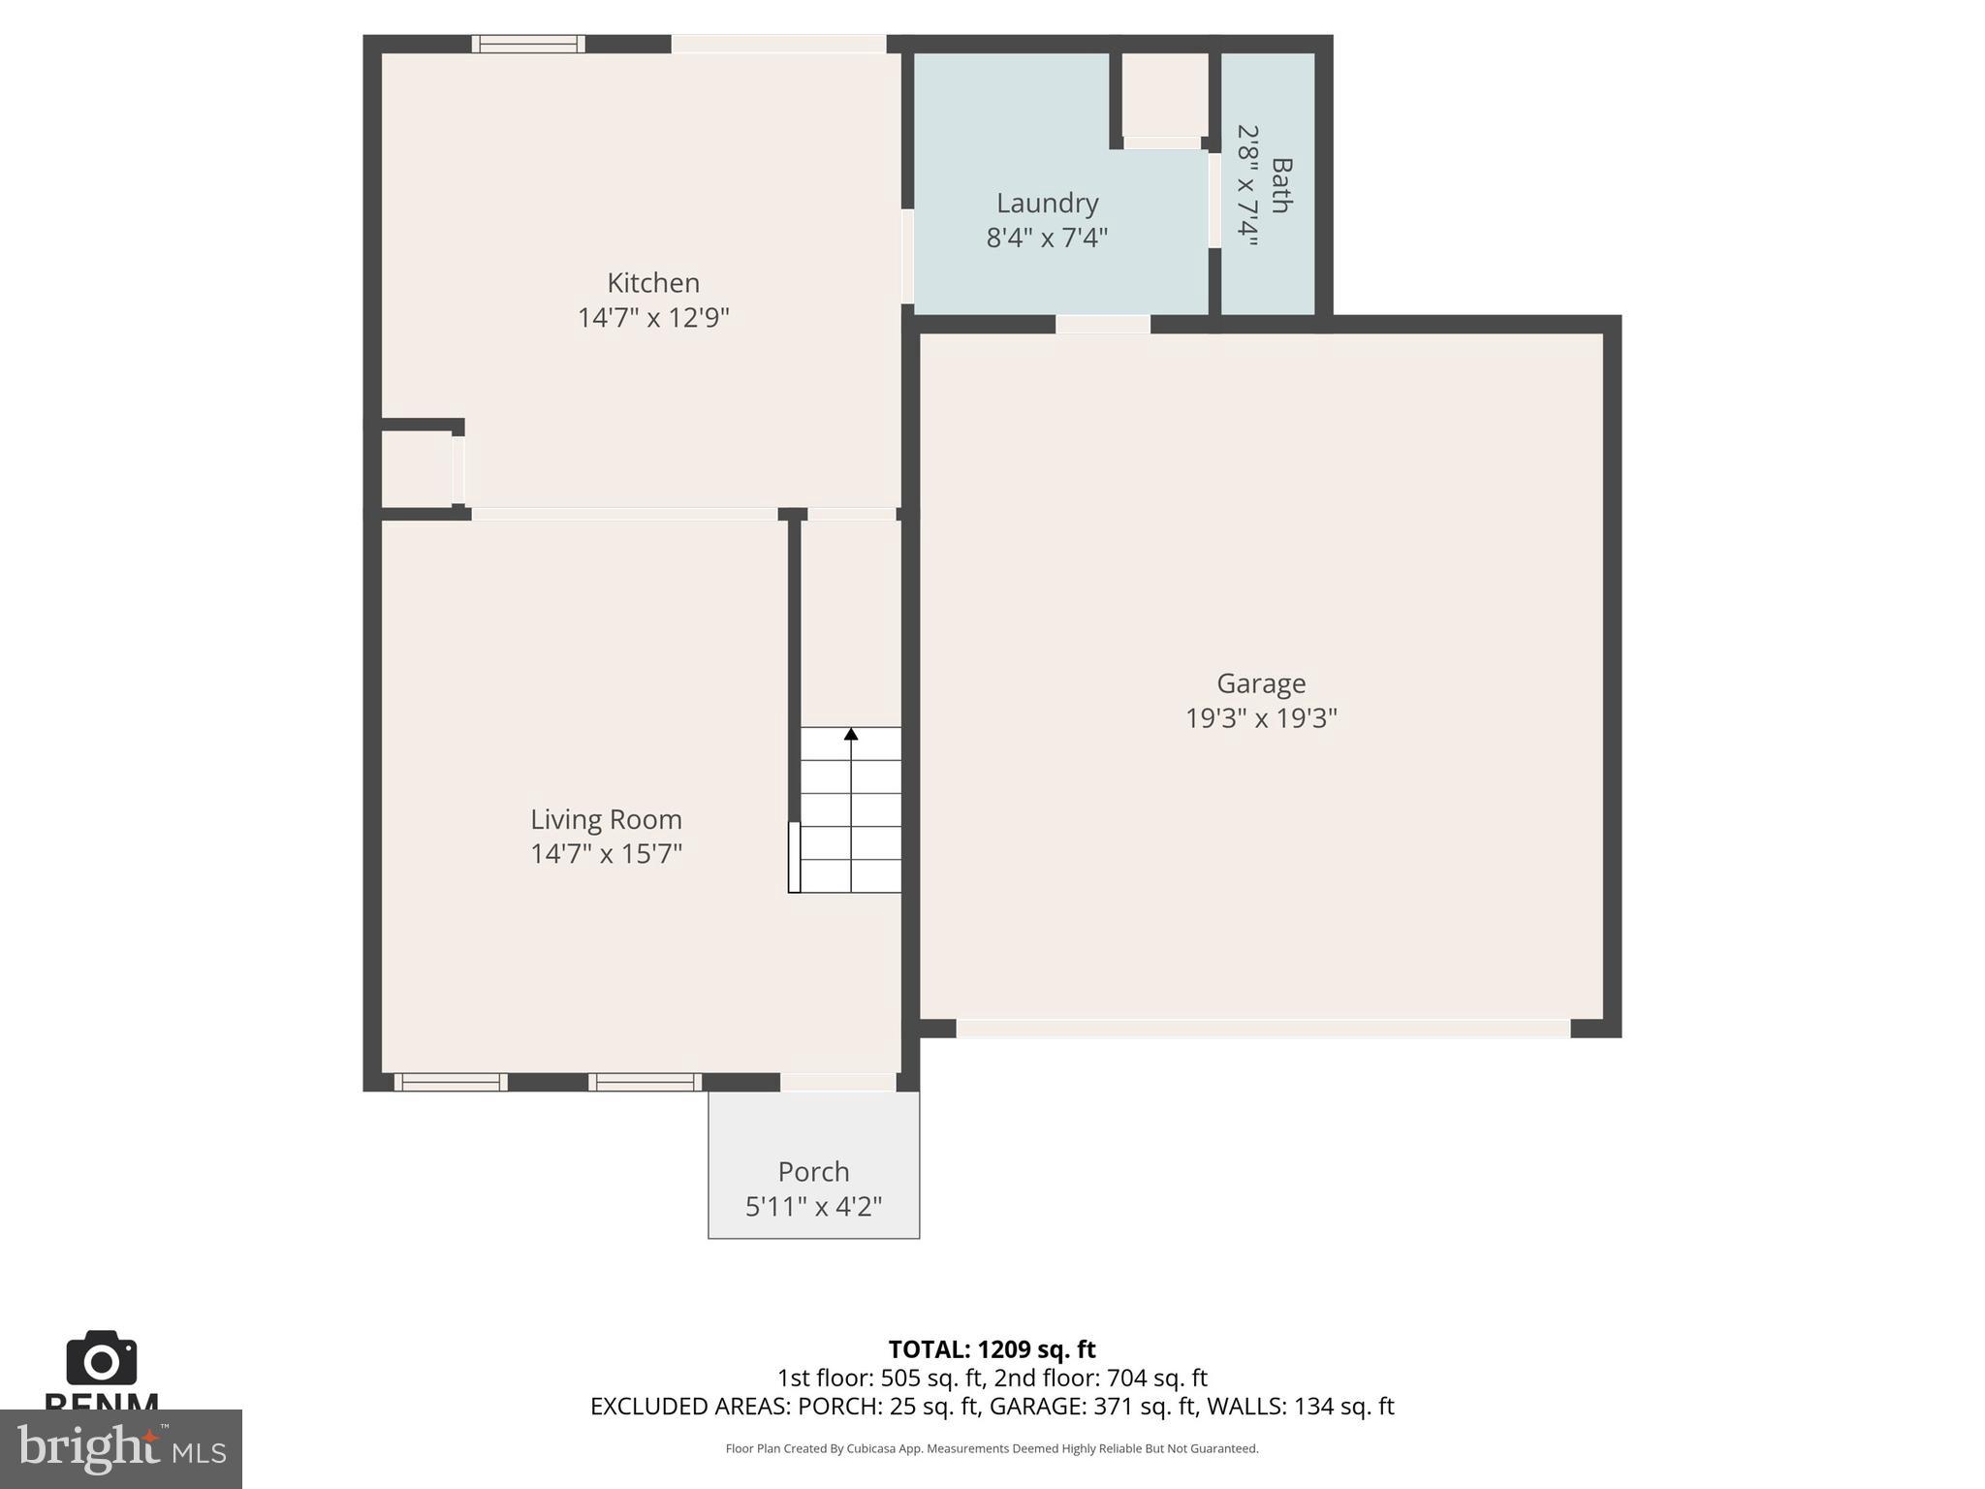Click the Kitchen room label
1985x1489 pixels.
652,283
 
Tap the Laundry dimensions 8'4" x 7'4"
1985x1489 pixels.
1047,238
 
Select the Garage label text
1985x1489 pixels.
1261,683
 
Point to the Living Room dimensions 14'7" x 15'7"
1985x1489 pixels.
606,854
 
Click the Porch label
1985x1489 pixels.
813,1172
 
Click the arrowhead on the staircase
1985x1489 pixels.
851,734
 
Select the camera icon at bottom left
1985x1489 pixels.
101,1359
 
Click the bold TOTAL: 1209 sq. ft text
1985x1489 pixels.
992,1349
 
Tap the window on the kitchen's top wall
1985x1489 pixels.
528,44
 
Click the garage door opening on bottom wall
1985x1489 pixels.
1262,1029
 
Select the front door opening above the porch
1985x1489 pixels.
837,1082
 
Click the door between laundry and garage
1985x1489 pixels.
1102,325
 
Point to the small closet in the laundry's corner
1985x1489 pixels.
1164,93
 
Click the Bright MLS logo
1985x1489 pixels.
120,1448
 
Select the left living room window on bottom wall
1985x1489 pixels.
450,1082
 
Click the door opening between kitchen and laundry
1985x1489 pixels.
908,257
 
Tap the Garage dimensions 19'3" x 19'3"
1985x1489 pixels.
1261,718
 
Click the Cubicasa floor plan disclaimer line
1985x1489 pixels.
992,1448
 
